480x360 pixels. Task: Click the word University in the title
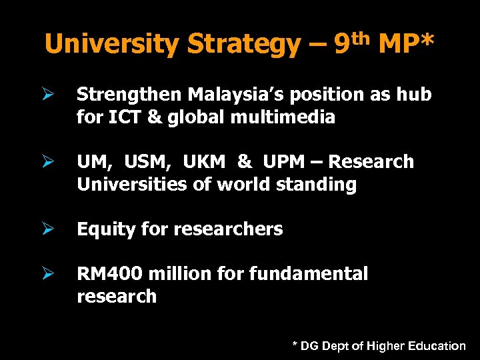(112, 45)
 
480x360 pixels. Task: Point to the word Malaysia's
(226, 95)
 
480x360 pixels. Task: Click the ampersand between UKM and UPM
(245, 162)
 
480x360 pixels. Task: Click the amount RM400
(111, 274)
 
